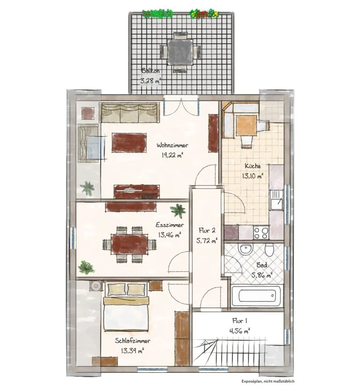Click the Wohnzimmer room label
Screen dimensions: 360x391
coord(172,145)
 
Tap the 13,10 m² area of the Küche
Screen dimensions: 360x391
coord(253,176)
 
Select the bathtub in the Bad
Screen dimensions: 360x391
coord(256,296)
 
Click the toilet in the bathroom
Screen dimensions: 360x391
coord(269,249)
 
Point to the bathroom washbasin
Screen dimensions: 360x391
coord(246,249)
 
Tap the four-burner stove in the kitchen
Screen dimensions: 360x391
coord(261,232)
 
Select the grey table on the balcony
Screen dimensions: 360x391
coord(180,52)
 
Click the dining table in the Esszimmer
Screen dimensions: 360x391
coord(130,244)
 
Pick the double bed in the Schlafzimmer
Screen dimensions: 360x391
coord(127,307)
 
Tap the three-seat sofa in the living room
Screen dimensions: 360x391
coord(130,113)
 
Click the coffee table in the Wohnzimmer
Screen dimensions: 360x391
coord(129,143)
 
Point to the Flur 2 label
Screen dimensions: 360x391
coord(207,230)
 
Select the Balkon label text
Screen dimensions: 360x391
coord(150,71)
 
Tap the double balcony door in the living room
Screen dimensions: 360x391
coord(181,107)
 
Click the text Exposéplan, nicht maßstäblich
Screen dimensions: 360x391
coord(268,381)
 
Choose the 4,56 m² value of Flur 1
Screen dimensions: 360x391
coord(240,331)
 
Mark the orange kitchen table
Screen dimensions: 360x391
coord(246,125)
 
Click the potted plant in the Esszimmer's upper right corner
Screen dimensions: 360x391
coord(178,211)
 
